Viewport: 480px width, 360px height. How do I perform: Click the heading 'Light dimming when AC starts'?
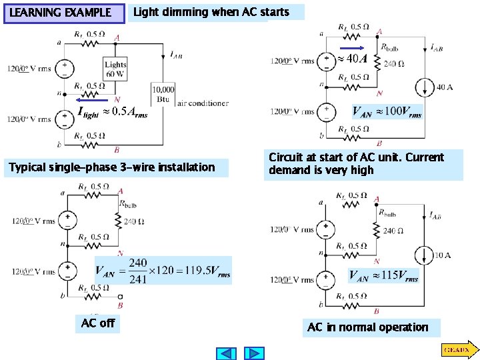point(211,12)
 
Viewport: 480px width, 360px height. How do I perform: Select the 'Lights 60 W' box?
point(115,69)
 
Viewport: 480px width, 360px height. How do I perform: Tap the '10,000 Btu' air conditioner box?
point(163,93)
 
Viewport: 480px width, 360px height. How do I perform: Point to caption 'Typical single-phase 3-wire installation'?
point(112,167)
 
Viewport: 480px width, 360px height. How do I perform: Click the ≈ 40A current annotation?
point(353,59)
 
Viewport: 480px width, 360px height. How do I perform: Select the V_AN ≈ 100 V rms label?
point(387,111)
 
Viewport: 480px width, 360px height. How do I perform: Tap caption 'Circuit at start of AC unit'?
point(363,164)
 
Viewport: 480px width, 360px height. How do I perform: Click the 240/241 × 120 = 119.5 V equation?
point(163,270)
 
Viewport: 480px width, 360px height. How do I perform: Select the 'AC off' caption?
point(98,324)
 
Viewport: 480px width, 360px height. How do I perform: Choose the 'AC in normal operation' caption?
point(367,327)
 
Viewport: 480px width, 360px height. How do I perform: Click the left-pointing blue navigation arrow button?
point(227,353)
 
